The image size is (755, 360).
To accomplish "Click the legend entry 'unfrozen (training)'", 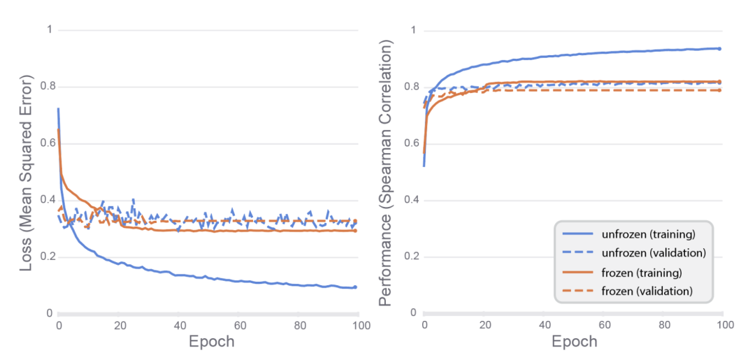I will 642,233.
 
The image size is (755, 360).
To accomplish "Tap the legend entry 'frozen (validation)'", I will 640,291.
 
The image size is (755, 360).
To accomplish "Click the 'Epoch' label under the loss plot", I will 212,342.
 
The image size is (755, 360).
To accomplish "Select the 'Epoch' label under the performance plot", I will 575,342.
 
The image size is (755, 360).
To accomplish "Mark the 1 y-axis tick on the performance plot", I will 414,31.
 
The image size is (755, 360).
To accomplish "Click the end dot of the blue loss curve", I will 355,287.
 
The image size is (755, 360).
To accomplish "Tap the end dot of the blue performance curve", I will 719,49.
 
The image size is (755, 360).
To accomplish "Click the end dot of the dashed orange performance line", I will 719,90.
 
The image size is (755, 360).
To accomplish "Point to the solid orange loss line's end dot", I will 355,231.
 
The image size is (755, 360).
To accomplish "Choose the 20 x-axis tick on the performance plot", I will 484,326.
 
